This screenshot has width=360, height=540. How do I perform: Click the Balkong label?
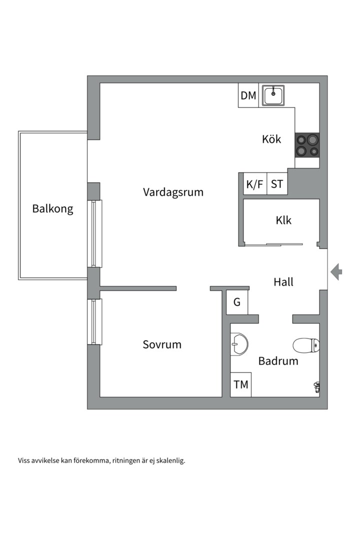point(52,209)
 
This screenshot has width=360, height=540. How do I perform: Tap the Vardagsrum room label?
point(173,192)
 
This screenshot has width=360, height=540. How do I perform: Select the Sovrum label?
point(162,344)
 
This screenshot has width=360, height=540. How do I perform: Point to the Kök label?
point(271,139)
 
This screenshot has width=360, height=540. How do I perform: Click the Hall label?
point(283,282)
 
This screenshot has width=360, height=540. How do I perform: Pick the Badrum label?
point(278,361)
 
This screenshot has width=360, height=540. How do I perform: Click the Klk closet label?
point(283,220)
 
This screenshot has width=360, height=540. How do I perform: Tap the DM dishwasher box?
point(248,95)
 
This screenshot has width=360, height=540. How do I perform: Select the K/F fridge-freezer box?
point(254,184)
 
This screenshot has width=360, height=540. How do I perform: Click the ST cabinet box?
point(277,184)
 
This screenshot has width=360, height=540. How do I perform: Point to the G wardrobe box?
point(237,302)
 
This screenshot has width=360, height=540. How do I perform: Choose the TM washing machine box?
point(241,384)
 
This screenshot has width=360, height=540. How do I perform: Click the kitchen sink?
point(273,95)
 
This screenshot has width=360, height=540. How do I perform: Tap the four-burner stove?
point(307,145)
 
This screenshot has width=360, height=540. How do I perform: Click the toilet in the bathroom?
point(306,345)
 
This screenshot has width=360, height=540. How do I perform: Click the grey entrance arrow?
point(336,271)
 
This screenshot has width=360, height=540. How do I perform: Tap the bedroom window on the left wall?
point(94,321)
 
